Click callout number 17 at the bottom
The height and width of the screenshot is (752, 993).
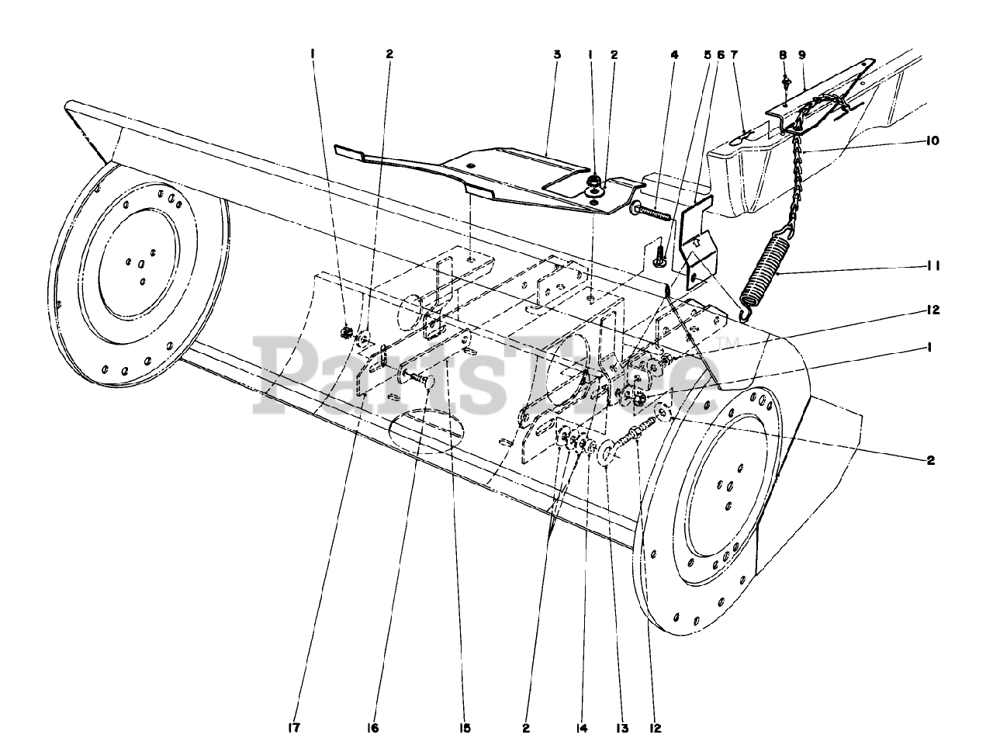(x=293, y=728)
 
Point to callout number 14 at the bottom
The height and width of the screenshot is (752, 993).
(x=582, y=728)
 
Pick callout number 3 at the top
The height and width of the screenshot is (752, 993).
(x=557, y=55)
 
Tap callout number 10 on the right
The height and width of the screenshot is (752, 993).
(x=932, y=140)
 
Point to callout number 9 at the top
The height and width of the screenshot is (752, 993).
(x=801, y=55)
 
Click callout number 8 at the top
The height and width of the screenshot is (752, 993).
(x=783, y=55)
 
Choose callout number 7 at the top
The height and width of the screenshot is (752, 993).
(x=734, y=55)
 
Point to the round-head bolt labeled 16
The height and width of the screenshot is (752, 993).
(x=419, y=379)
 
